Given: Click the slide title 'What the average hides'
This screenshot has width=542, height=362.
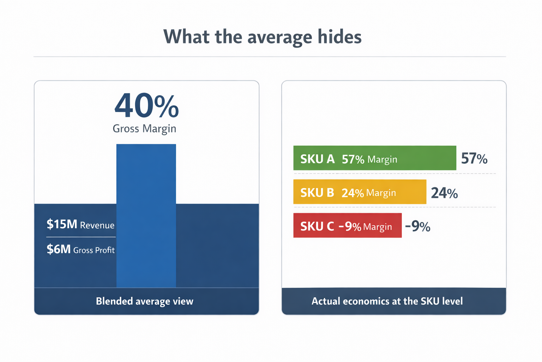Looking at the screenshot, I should coord(263,37).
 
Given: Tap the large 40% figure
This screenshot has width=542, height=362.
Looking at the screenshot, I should coord(146,106).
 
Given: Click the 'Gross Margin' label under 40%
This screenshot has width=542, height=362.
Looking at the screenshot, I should coord(144,128).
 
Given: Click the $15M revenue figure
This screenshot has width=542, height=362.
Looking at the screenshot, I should coord(62,224).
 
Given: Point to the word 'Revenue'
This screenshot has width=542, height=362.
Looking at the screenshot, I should coord(97,226).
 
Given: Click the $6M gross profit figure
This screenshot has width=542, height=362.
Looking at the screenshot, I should coord(59,249).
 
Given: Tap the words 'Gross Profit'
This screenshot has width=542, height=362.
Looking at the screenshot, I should coord(94,250).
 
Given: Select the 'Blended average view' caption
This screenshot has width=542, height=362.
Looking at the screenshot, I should coord(145,301).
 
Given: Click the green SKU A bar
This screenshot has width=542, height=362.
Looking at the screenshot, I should coord(423,158).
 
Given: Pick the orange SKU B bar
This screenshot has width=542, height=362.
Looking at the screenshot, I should coord(409,192).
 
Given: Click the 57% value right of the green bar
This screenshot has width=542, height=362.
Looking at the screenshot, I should coord(474,159).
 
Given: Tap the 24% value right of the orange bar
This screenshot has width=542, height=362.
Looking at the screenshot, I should coord(444,193).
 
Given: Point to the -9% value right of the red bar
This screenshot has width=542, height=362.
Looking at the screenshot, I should coord(418,226).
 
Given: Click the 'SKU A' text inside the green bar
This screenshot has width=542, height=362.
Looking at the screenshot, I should coord(317,159).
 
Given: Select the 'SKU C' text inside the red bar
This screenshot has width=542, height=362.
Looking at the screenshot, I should coord(317,226).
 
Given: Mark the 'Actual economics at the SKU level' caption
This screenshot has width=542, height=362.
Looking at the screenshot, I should coord(387,301).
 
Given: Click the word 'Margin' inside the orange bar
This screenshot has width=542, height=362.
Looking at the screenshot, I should coord(381,193).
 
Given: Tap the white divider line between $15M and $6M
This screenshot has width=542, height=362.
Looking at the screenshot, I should coord(81,237).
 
